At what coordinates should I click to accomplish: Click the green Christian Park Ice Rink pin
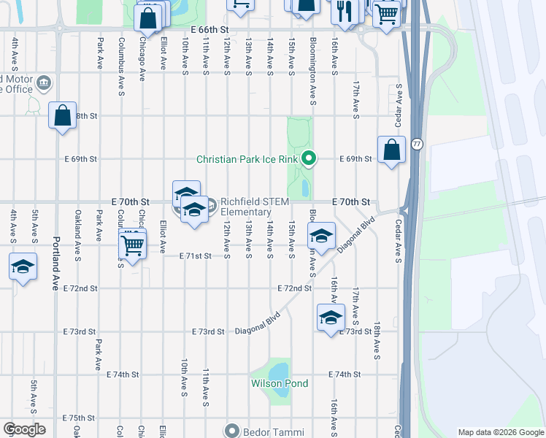(x=309, y=158)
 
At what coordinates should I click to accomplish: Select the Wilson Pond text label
(x=280, y=383)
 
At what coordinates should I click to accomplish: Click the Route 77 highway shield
(x=416, y=144)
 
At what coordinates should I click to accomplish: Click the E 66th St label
(x=209, y=29)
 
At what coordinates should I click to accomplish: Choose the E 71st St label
(x=196, y=256)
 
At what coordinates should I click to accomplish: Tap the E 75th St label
(x=79, y=418)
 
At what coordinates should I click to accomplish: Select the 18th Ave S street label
(x=377, y=339)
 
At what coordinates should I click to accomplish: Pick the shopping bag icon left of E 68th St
(x=62, y=115)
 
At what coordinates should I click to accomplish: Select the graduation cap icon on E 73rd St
(x=330, y=318)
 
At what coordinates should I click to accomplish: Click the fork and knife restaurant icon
(x=342, y=10)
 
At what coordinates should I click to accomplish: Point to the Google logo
(x=23, y=429)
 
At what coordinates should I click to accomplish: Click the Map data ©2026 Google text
(x=501, y=432)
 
